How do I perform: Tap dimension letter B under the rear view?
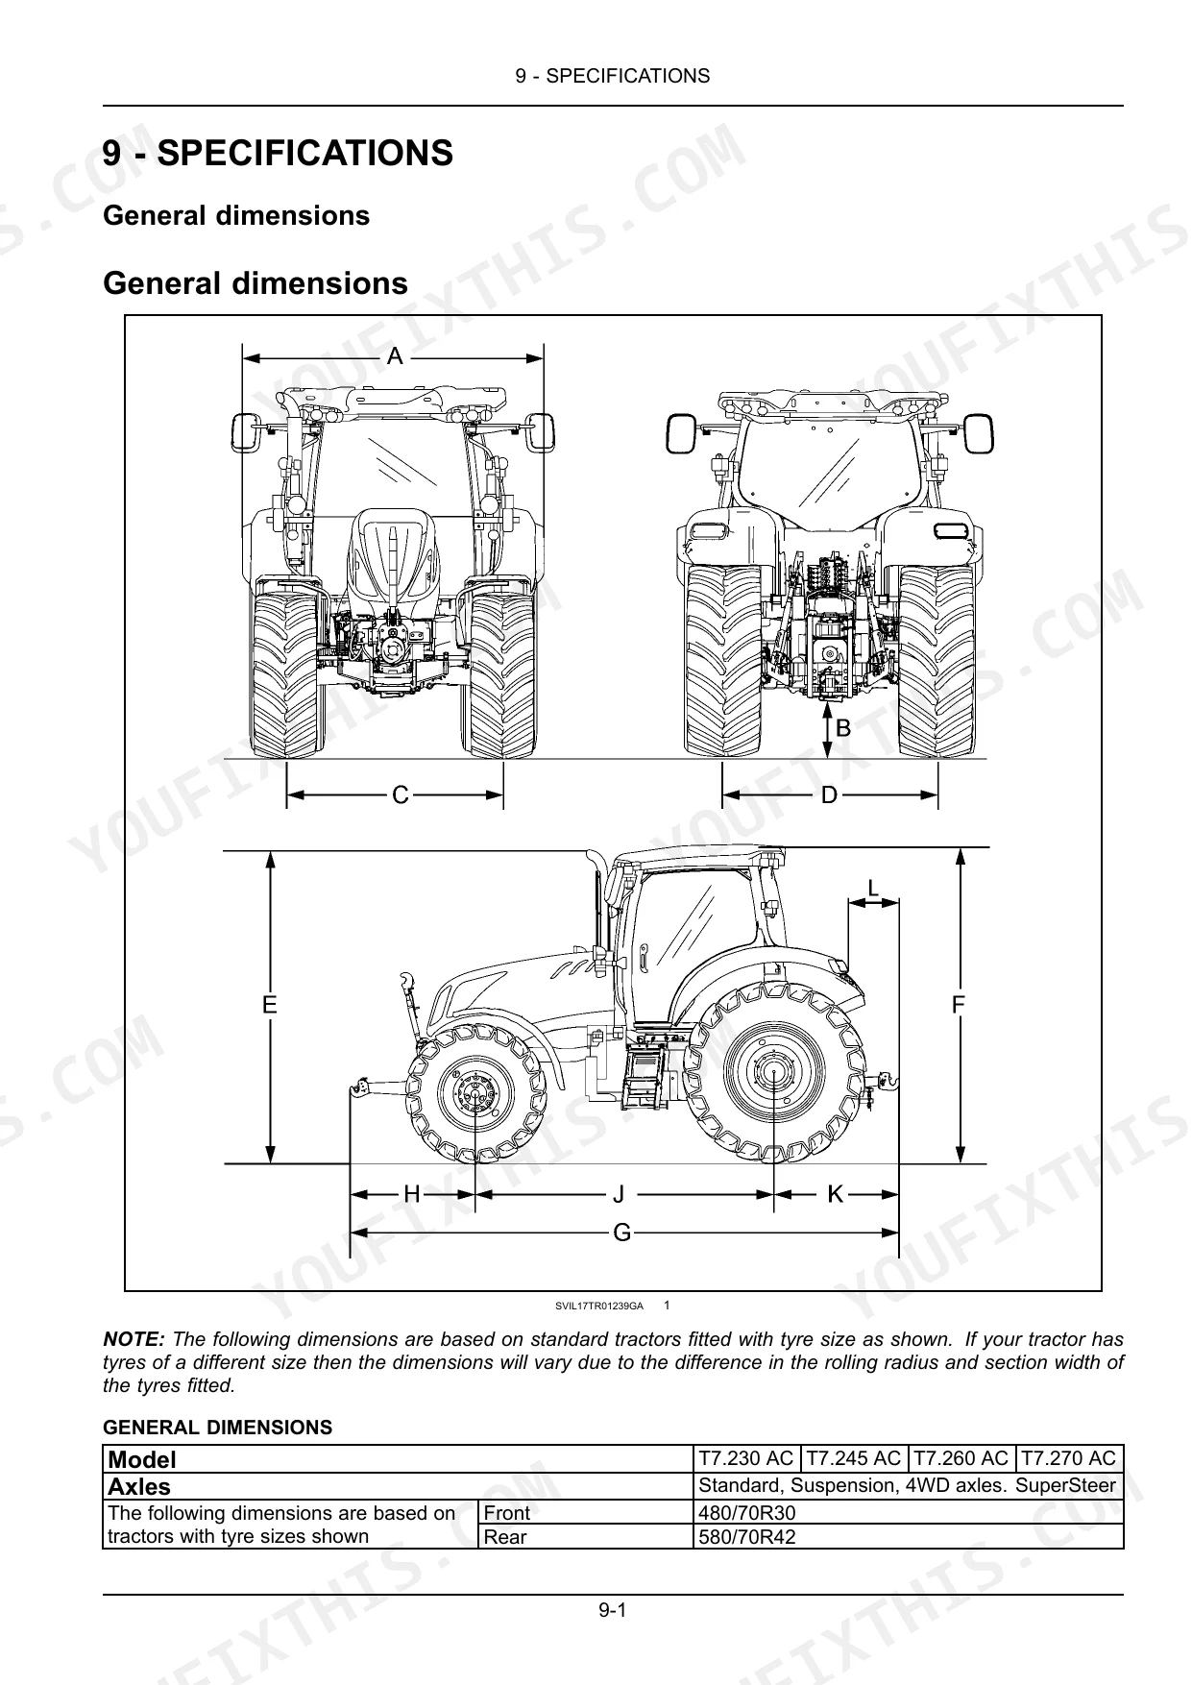[843, 729]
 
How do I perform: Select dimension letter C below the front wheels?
[401, 795]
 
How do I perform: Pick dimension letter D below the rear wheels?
[830, 795]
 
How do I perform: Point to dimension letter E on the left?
[270, 1006]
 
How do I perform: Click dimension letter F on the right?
[958, 1006]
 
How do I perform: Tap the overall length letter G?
[622, 1233]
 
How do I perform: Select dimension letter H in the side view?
[412, 1194]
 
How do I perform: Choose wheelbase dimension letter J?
[620, 1194]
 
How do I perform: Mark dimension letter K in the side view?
[836, 1194]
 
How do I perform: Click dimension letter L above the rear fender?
[873, 890]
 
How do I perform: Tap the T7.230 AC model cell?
[745, 1458]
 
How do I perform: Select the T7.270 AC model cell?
[1068, 1458]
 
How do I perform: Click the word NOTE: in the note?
[134, 1339]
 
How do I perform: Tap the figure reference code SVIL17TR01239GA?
[598, 1306]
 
